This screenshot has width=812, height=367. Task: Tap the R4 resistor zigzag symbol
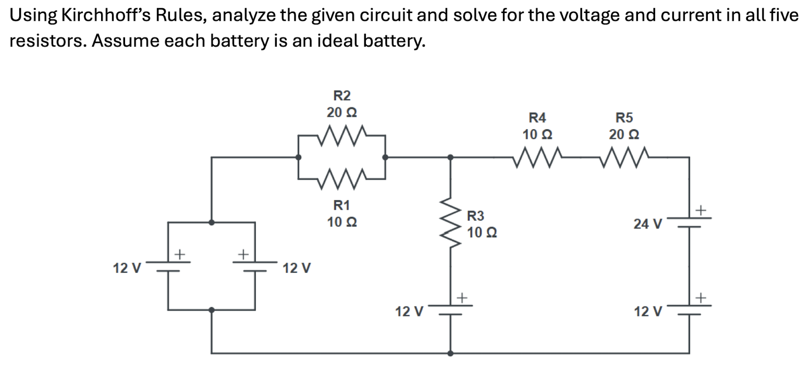[x=537, y=156]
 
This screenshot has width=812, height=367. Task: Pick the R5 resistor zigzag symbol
[x=624, y=156]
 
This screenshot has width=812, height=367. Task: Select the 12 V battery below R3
[x=451, y=311]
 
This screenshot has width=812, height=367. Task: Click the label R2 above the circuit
[x=342, y=95]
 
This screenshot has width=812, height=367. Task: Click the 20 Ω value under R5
[x=624, y=134]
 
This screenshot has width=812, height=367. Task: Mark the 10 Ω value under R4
[x=537, y=134]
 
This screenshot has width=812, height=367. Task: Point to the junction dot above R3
[x=451, y=156]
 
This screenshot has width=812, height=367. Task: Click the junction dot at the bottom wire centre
[x=451, y=353]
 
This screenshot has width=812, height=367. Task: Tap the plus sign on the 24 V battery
[x=702, y=211]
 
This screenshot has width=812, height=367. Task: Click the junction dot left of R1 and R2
[x=299, y=156]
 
